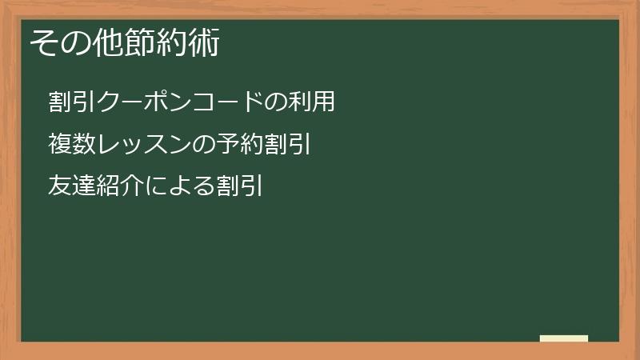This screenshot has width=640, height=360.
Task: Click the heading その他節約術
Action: point(125,42)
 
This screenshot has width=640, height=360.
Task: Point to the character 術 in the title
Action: point(205,42)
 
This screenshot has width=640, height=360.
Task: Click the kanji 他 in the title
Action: point(108,42)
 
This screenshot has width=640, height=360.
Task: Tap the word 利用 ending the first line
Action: point(312,102)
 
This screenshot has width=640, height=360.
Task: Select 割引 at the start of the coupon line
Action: point(72,102)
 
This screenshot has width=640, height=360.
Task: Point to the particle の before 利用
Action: point(275,102)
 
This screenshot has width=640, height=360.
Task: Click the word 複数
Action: point(72,144)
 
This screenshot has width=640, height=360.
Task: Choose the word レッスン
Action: point(144,144)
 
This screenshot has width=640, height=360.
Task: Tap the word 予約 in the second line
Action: point(239,144)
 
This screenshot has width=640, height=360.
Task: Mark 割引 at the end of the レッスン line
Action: point(287,144)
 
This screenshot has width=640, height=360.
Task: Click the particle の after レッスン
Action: point(203,144)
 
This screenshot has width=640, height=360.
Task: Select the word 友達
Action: point(72,186)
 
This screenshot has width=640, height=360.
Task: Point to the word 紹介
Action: point(119,186)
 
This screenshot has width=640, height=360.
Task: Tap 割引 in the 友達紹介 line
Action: point(239,186)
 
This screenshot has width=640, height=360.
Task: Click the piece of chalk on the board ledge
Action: point(564,338)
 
